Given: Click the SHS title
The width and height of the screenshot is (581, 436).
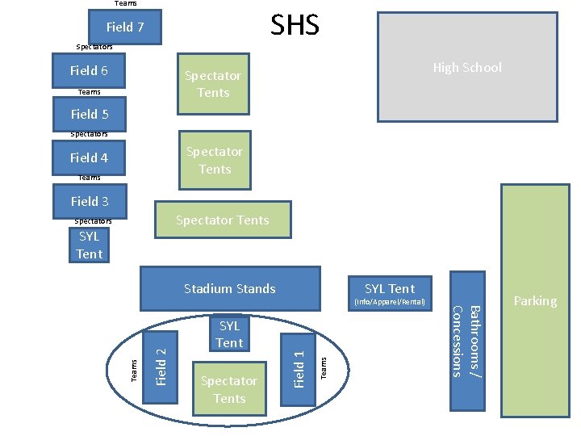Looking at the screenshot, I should point(295,25).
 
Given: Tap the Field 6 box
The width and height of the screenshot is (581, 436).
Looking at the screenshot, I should point(90,70).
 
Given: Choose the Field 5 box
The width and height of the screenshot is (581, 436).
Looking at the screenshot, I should point(90,114).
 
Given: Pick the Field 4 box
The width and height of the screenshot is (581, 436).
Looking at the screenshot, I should point(90,157).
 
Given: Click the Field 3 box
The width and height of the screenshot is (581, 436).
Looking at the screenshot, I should point(90,201).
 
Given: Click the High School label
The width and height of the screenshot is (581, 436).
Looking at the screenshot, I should point(466,68).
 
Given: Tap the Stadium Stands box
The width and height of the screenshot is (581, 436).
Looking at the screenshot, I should point(230,288).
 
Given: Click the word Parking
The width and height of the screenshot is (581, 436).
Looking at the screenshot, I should point(535,301).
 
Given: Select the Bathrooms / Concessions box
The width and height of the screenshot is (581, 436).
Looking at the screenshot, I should point(466,339).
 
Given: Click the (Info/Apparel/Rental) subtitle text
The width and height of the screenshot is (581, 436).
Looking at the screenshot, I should point(390,303).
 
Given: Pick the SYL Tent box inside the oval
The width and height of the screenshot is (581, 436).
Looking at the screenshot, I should point(229,333).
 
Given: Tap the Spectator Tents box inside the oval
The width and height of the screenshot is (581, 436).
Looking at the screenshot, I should point(229,389).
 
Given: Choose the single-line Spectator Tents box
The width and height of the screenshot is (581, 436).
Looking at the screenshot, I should point(223,220).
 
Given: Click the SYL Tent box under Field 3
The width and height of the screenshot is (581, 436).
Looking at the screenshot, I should point(90,245).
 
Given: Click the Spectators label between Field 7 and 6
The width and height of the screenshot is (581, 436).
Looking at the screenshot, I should point(94,47).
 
